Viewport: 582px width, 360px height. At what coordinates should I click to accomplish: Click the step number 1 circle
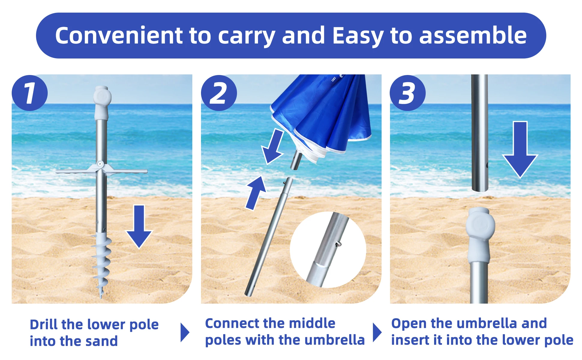(x=29, y=93)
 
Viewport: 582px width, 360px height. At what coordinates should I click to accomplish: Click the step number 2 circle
(x=219, y=93)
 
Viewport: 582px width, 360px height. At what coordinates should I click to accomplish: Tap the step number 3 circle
(x=407, y=93)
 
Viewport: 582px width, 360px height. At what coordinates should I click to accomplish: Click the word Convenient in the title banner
(x=118, y=36)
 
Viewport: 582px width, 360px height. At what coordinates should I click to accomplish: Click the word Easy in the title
(x=358, y=36)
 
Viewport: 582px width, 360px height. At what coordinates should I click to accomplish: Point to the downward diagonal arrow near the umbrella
(x=273, y=147)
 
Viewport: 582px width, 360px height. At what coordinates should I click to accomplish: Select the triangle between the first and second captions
(x=184, y=332)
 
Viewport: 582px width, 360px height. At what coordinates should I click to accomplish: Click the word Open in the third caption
(x=409, y=323)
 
